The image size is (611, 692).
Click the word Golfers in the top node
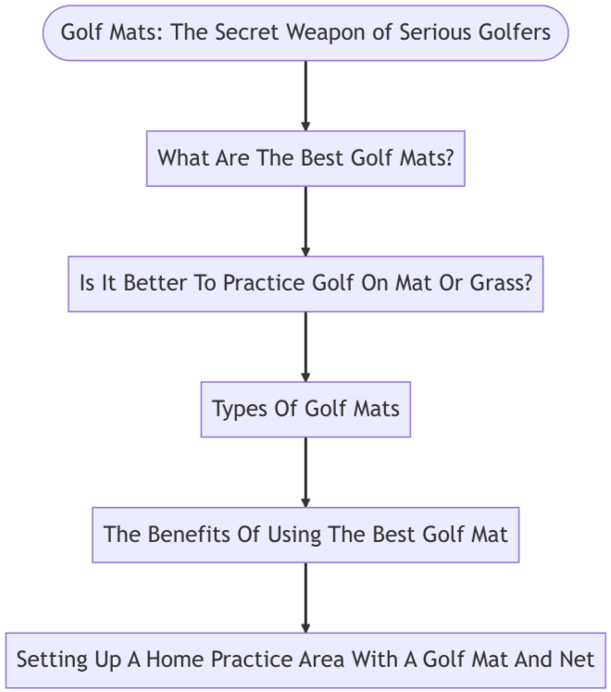point(512,32)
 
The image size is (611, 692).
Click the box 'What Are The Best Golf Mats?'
point(305,157)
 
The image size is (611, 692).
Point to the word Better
point(138,283)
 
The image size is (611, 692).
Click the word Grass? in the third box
point(501,283)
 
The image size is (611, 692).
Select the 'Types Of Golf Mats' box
point(305,408)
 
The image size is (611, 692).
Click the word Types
point(237,408)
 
